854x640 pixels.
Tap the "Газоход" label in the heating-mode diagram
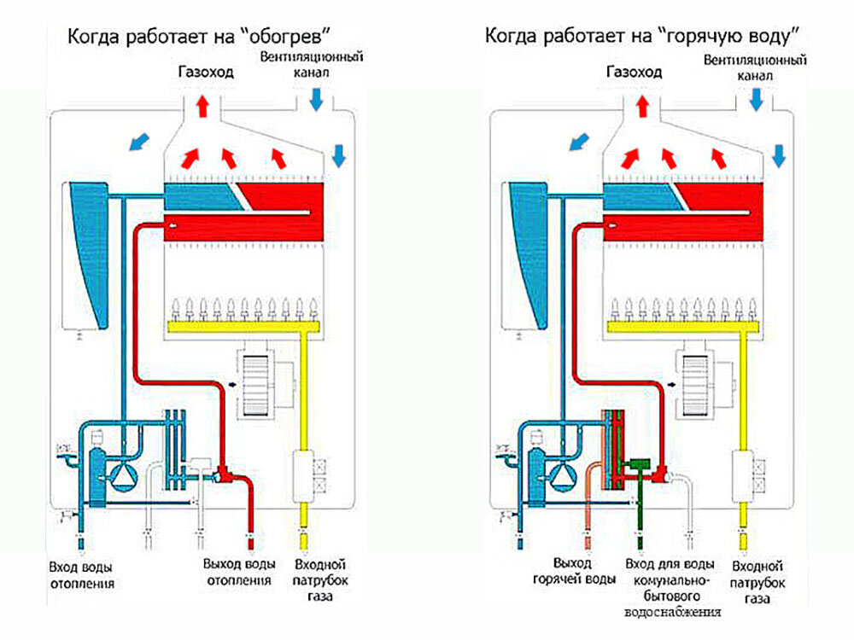pyautogui.click(x=205, y=73)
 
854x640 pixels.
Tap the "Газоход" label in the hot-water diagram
pyautogui.click(x=634, y=73)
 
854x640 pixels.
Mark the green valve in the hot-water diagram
pyautogui.click(x=635, y=466)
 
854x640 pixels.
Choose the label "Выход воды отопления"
pyautogui.click(x=239, y=573)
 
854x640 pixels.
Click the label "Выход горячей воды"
pyautogui.click(x=584, y=573)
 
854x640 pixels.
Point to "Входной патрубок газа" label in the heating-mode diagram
pyautogui.click(x=318, y=580)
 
